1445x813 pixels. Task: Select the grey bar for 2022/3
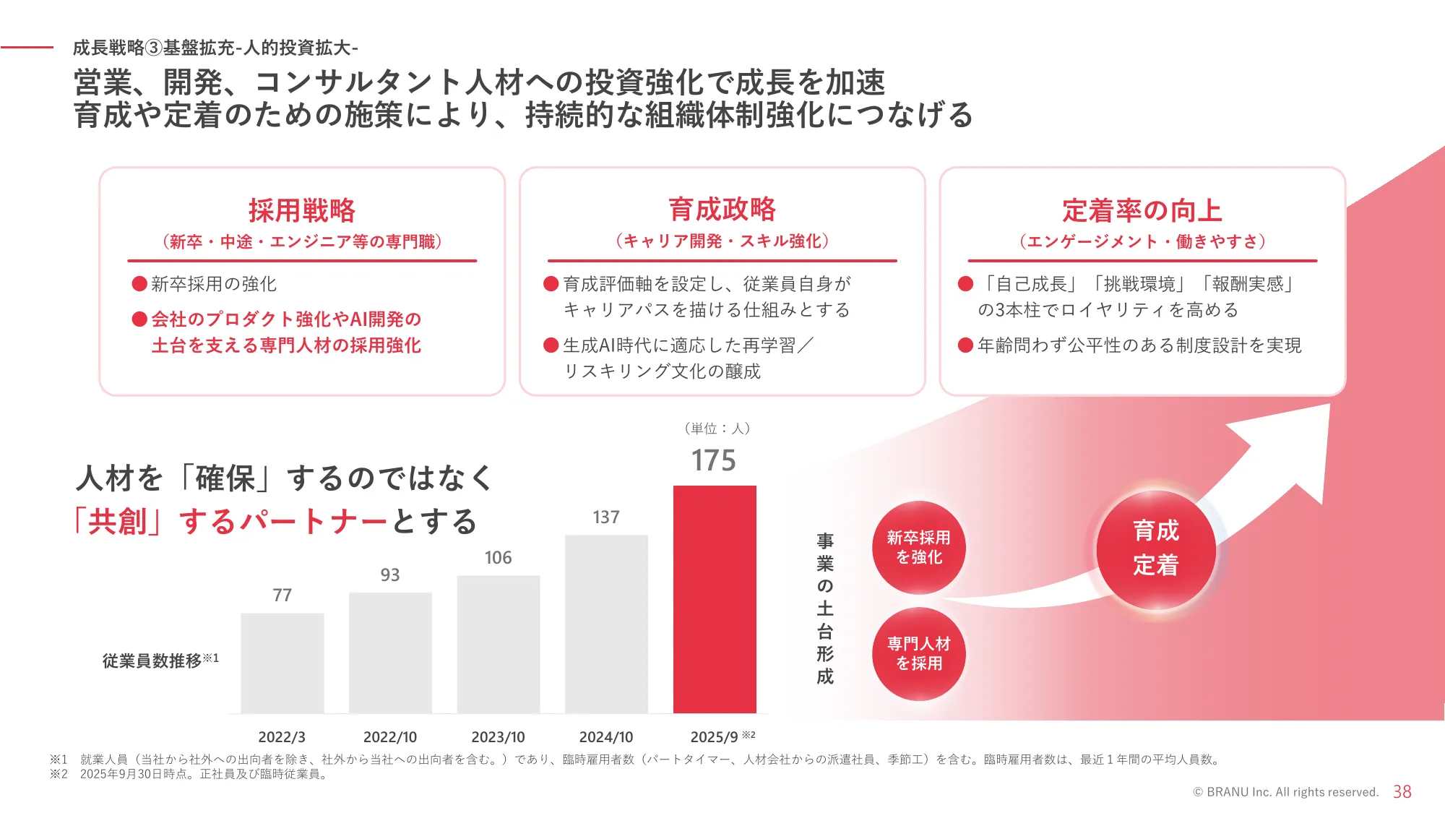(282, 663)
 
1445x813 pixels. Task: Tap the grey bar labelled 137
(606, 623)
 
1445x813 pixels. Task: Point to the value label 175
(713, 460)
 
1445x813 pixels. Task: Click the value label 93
(390, 575)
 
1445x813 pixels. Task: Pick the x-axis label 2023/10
(498, 737)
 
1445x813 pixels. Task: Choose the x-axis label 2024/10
(606, 737)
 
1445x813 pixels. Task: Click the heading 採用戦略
(302, 210)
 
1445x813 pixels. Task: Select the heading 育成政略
(722, 210)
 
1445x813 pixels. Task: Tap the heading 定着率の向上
(1142, 210)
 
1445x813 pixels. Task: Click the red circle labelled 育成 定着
(1155, 549)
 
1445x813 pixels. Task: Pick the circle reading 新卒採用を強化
(918, 547)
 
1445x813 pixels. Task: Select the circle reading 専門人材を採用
(918, 653)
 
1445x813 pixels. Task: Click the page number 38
(1402, 792)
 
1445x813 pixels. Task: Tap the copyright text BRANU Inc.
(1285, 792)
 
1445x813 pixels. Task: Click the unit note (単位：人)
(717, 429)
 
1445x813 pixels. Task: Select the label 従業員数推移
(152, 661)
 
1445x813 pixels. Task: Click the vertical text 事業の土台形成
(825, 608)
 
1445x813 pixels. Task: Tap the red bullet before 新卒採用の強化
(139, 283)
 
